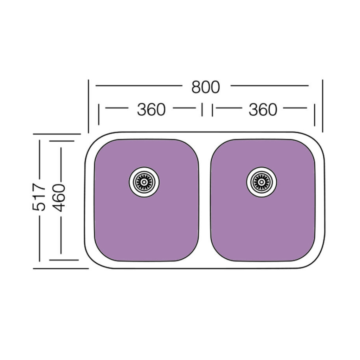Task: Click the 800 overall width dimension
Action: (205, 87)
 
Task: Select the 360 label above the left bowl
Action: (151, 110)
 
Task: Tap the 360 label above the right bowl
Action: (263, 110)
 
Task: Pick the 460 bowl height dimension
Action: (59, 198)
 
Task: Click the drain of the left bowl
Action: (144, 182)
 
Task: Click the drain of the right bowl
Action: (262, 182)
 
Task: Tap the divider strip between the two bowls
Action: (205, 200)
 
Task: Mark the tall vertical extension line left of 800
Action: (88, 106)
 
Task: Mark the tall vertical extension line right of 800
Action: (323, 106)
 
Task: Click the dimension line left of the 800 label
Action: (139, 86)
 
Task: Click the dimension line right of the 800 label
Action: (270, 86)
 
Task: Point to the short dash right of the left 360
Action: (184, 108)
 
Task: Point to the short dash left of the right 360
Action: (229, 108)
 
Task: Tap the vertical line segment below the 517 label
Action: (39, 238)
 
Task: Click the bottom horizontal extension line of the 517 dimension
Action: (61, 268)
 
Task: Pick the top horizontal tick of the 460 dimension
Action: (62, 141)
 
